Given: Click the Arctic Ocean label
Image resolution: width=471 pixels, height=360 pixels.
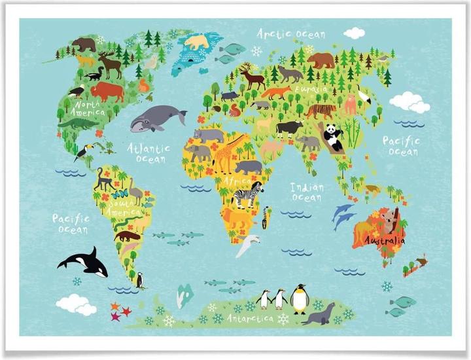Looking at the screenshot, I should click(290, 33).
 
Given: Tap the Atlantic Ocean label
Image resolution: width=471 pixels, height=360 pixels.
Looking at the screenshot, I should click(148, 153).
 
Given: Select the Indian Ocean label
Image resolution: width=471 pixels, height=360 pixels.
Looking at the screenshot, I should click(307, 191).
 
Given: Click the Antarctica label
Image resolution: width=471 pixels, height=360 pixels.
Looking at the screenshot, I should click(250, 318).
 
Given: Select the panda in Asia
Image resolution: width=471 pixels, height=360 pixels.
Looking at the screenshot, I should click(334, 137).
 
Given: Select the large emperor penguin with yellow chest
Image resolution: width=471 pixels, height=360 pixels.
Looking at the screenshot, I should click(300, 299).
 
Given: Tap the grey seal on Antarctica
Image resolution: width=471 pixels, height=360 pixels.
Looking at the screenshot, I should click(321, 314).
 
